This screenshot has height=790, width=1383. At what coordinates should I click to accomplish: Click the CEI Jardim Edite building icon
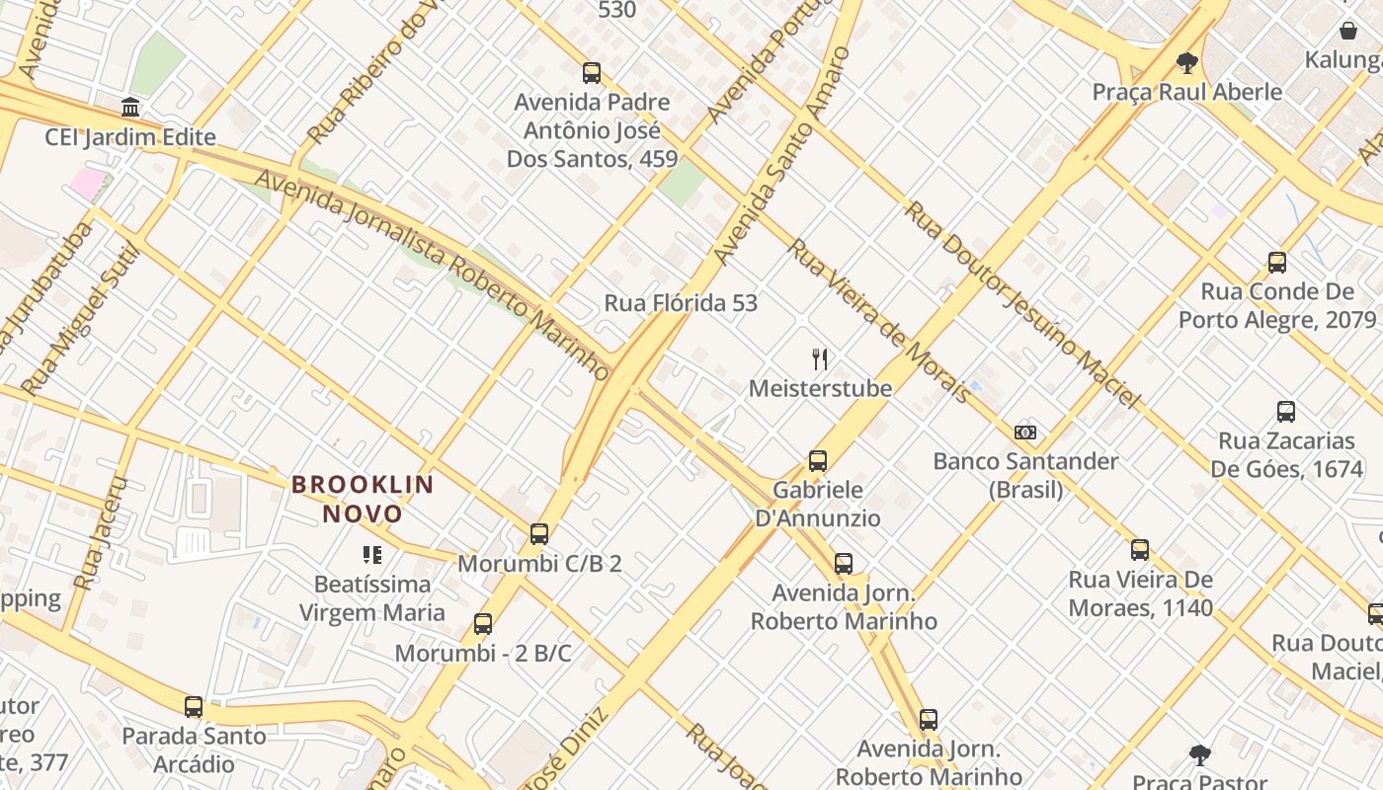click(x=130, y=107)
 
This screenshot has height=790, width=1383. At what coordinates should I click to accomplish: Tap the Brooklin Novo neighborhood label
click(x=363, y=499)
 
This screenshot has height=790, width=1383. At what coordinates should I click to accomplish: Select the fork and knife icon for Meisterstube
click(x=820, y=358)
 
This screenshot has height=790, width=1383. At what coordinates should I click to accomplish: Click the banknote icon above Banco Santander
click(x=1025, y=432)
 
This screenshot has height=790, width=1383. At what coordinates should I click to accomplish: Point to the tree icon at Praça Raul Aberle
click(x=1187, y=63)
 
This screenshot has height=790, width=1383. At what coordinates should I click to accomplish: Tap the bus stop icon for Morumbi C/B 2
click(x=539, y=534)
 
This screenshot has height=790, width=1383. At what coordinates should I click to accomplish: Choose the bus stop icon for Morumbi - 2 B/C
click(x=483, y=624)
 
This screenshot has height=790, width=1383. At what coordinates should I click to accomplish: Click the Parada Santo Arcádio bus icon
click(x=194, y=707)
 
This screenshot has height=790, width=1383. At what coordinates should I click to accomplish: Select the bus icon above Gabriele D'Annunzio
click(x=818, y=460)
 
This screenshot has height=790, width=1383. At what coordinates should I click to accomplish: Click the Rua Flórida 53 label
click(x=681, y=303)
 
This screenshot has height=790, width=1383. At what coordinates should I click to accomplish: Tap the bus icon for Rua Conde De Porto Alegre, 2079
click(x=1277, y=263)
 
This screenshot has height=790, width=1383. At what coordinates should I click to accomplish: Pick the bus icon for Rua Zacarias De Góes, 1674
click(x=1286, y=412)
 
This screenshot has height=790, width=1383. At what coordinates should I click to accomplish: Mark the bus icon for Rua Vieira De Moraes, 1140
click(x=1140, y=550)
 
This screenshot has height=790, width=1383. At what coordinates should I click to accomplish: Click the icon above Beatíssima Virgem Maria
click(x=372, y=555)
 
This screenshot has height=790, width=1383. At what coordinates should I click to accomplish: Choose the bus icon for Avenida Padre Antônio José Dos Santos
click(x=592, y=73)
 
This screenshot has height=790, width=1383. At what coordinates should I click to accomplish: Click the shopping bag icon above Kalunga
click(x=1348, y=31)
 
